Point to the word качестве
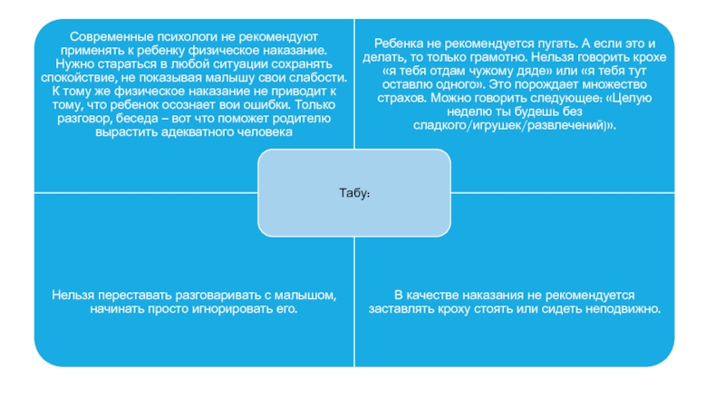(x=436, y=296)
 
